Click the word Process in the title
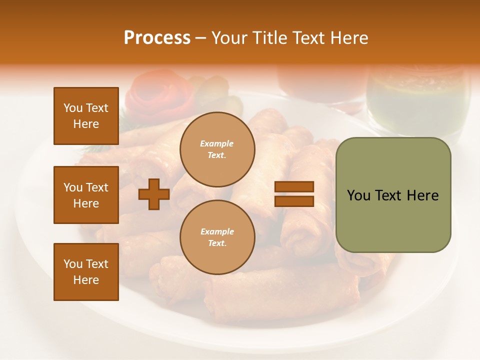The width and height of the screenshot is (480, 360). [157, 38]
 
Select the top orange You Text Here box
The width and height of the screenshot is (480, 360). [86, 116]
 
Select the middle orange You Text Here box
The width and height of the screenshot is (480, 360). [86, 195]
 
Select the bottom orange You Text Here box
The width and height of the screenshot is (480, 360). [86, 272]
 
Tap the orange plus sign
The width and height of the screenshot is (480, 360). [154, 194]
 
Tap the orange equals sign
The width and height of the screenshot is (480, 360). [294, 194]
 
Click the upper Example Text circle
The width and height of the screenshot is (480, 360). [217, 149]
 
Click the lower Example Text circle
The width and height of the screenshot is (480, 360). [217, 237]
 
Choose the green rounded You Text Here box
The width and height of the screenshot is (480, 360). [393, 195]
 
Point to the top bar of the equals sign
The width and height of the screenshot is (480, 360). [294, 187]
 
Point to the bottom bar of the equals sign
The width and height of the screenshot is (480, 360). [294, 201]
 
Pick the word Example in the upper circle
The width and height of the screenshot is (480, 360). [216, 143]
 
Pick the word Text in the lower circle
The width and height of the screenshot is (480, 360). [216, 243]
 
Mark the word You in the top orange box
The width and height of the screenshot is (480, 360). [73, 108]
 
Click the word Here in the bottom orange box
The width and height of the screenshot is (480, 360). [86, 280]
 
